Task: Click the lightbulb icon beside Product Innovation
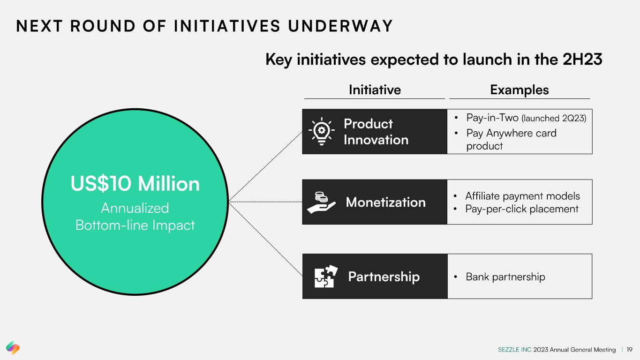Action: point(322,131)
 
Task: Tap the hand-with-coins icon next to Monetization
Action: point(321,202)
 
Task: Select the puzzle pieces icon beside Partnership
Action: point(326,276)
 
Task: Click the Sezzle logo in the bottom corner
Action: point(13,347)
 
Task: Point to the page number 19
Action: point(629,350)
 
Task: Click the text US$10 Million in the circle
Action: point(135,183)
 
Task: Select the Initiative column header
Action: point(375,90)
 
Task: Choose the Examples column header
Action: point(520,90)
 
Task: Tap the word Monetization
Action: point(386,202)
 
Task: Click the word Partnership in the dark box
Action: point(384,277)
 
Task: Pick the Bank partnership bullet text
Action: point(505,277)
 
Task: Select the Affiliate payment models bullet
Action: point(523,196)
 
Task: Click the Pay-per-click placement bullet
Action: point(522,209)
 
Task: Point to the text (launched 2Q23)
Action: point(554,118)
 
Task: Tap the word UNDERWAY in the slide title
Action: point(340,26)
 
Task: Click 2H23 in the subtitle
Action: point(582,60)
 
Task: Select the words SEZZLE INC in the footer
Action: point(514,350)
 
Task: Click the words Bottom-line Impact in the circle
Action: point(135,225)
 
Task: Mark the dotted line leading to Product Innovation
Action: point(265,166)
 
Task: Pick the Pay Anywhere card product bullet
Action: point(511,139)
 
